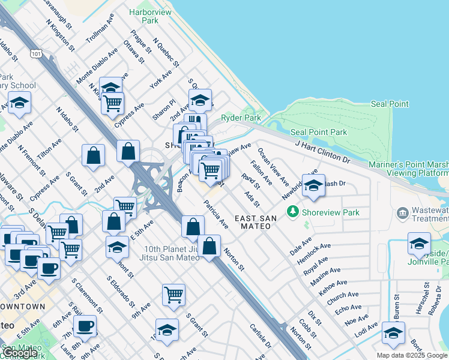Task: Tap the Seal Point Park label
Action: click(319, 132)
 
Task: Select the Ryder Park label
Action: click(241, 118)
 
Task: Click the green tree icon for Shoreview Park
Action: click(293, 211)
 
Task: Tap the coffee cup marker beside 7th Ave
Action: click(85, 325)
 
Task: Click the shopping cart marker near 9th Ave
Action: click(173, 294)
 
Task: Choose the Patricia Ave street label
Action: click(216, 214)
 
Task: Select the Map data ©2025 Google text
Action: click(412, 355)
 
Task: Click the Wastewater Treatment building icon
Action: click(403, 213)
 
